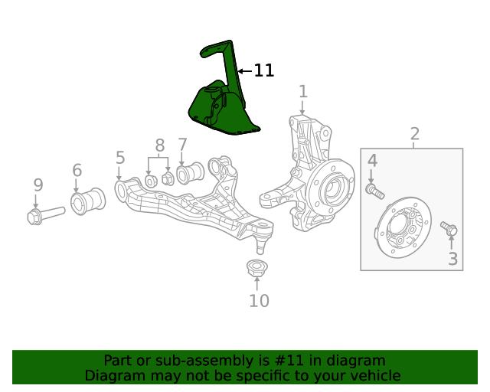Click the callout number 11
coord(263,70)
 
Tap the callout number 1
coord(303,92)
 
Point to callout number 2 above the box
coord(415,135)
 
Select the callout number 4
coord(372,160)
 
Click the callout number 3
coord(453,259)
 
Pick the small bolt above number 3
coord(449,228)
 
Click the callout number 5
coord(120,158)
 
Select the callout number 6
coord(77,170)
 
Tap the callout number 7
coord(182,144)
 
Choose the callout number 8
coord(159,145)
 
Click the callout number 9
coord(38,185)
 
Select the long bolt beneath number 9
coord(46,215)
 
